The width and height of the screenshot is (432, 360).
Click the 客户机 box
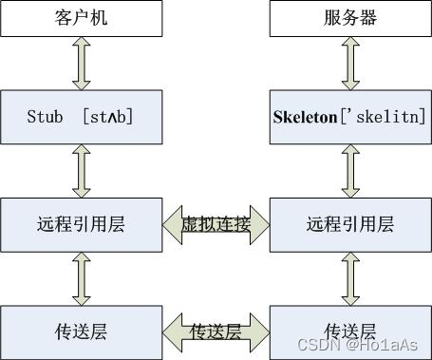click(x=82, y=18)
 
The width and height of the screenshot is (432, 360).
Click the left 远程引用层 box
click(x=82, y=224)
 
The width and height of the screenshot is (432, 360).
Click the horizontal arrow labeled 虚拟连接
click(x=216, y=224)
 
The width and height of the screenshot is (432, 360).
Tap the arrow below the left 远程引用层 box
click(x=82, y=278)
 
